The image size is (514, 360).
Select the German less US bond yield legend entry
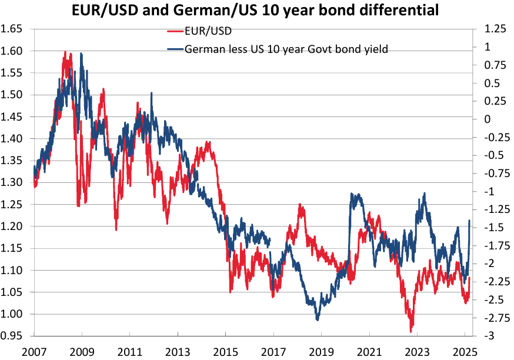[286, 49]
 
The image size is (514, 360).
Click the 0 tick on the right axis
[486, 119]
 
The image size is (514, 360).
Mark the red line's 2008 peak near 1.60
[65, 52]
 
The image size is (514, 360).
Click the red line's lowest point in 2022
[412, 331]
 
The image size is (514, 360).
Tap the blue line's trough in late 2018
[318, 319]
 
